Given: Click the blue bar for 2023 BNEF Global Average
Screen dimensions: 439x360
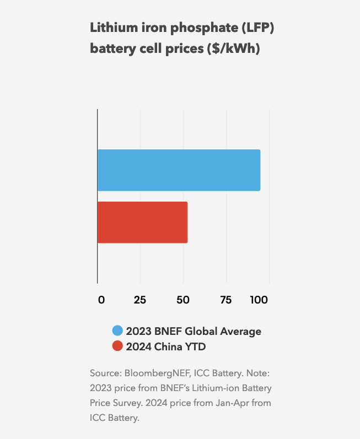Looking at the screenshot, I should [179, 170].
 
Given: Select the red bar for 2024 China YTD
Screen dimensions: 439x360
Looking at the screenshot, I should [142, 223].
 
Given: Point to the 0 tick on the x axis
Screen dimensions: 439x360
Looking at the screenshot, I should [101, 300].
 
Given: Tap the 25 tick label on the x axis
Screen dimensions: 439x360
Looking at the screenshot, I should [140, 300].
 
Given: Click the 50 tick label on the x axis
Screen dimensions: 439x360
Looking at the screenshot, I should [182, 300].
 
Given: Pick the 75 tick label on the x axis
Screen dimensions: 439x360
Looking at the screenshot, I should [225, 300].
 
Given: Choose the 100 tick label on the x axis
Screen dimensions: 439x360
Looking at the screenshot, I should [259, 300].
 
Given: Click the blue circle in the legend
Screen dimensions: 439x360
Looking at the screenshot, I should [117, 331].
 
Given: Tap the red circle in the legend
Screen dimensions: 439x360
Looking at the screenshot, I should [117, 346].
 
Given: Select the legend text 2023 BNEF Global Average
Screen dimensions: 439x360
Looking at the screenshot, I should [194, 331].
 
